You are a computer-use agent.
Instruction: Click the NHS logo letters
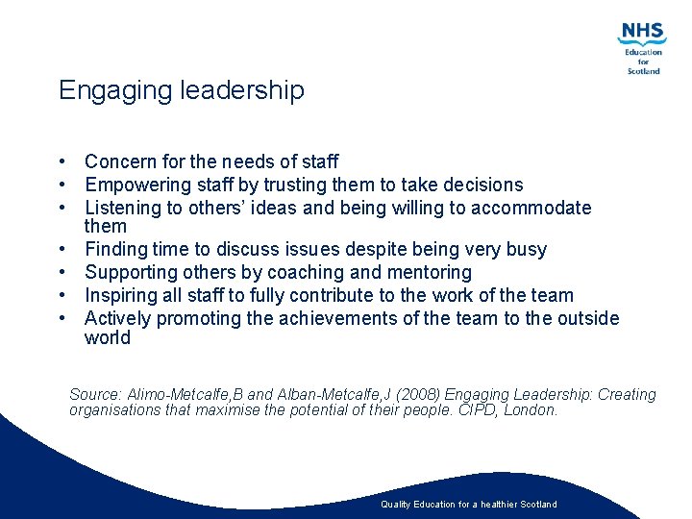pos(642,33)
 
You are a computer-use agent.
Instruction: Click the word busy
pos(526,250)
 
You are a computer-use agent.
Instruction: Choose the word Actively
pos(117,318)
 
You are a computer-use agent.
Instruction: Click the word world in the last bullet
pos(107,337)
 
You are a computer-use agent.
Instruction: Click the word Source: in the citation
pos(95,394)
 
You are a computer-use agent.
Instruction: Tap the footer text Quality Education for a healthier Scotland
pos(468,504)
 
